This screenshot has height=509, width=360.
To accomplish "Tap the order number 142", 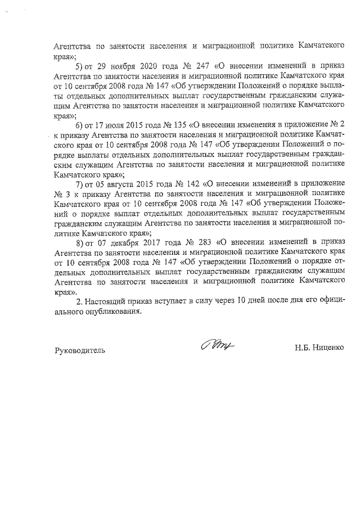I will tap(193, 182).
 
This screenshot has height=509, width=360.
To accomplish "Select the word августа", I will tap(124, 182).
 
